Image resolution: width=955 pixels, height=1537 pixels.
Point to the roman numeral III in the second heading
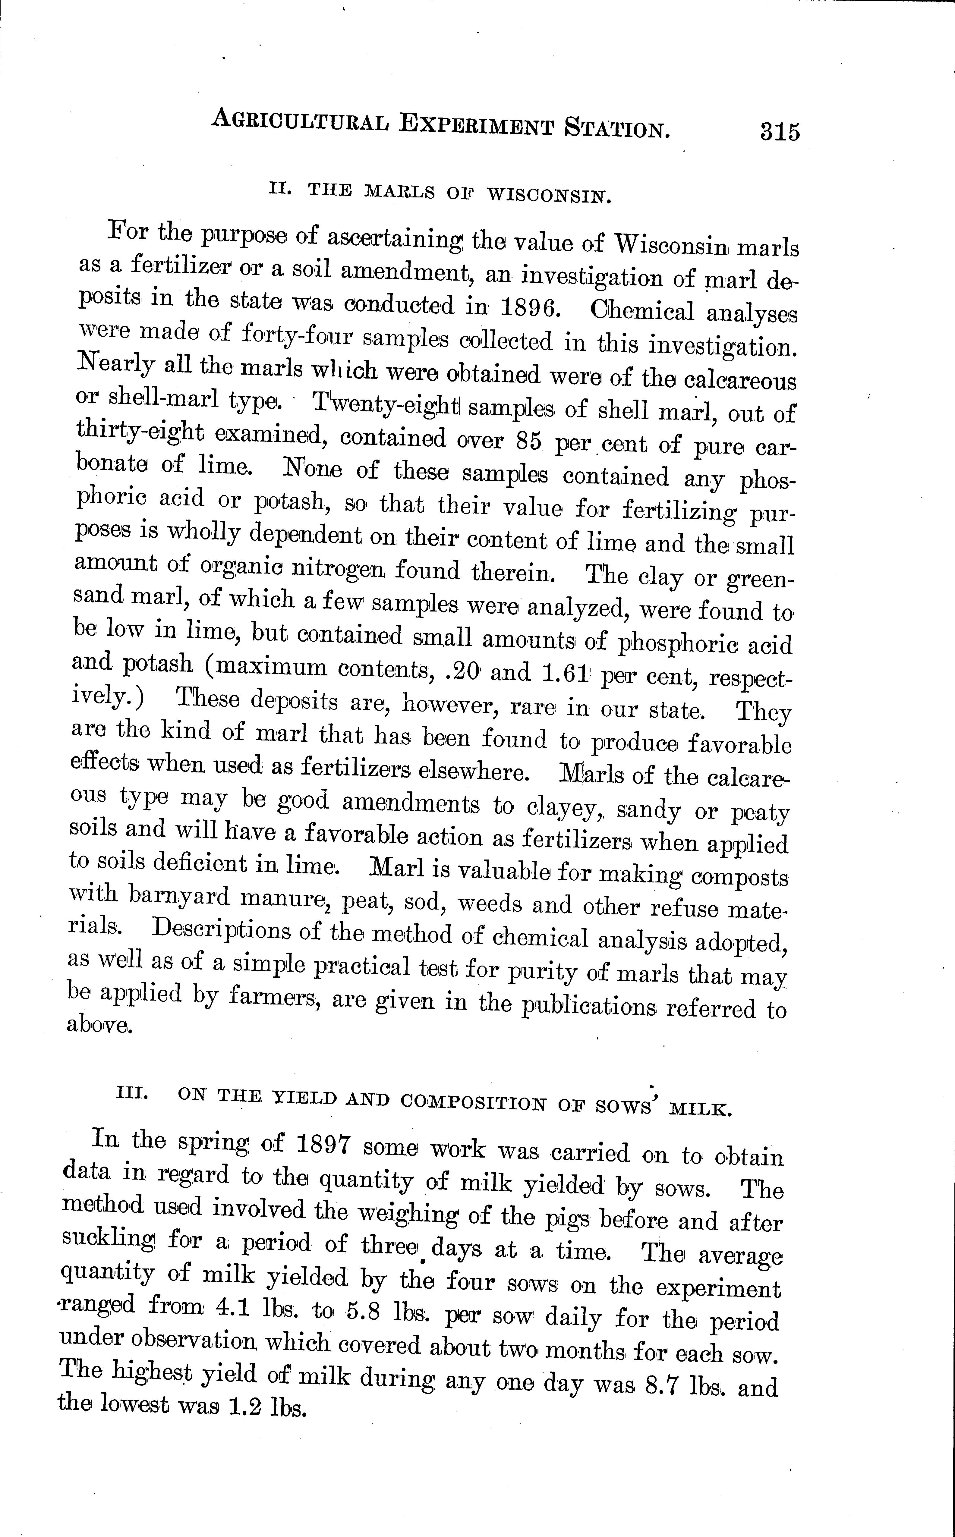coord(132,1091)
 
